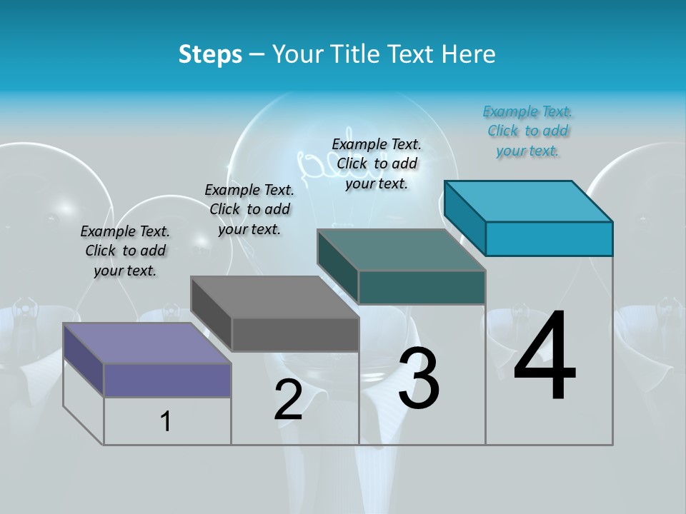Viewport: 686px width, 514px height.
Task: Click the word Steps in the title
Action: tap(209, 54)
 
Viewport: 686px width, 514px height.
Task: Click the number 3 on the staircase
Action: tap(419, 378)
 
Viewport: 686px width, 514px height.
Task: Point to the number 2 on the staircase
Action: tap(288, 399)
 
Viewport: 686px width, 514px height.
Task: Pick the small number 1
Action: tap(166, 421)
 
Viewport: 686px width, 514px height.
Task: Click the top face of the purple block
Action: tap(146, 343)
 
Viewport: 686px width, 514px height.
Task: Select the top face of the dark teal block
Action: tap(401, 250)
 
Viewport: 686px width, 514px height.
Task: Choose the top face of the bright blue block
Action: tap(528, 201)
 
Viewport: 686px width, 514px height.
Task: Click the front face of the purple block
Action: tap(167, 380)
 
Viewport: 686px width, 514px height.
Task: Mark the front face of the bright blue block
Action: tap(549, 238)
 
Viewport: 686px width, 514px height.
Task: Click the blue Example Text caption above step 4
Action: tap(527, 131)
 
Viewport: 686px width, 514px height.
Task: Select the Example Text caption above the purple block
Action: tap(125, 251)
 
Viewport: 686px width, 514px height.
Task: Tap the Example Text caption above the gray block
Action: tap(249, 209)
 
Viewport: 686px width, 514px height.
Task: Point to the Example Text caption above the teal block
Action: tap(377, 163)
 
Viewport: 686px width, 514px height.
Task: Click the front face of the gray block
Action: tap(295, 334)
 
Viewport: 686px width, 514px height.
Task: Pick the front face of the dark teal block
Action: tap(422, 287)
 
